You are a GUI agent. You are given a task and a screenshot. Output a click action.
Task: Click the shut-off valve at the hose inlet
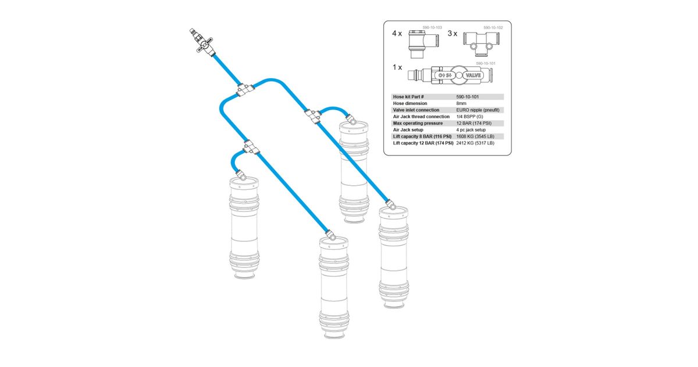(202, 43)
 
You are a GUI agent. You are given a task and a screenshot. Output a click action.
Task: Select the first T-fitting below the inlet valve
(245, 90)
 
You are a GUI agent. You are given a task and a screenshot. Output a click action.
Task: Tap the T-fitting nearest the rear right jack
(313, 116)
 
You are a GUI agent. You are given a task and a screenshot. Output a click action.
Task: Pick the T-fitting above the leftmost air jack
(251, 147)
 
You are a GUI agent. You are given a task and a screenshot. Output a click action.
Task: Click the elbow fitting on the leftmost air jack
(241, 175)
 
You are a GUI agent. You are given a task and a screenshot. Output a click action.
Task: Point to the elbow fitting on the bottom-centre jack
(330, 235)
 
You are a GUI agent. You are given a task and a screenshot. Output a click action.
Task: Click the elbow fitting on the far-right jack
(391, 205)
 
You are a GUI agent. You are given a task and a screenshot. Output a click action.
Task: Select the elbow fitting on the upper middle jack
(351, 119)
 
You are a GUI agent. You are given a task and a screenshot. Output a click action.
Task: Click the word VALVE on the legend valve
(473, 75)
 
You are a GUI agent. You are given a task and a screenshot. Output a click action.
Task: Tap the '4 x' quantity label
(397, 33)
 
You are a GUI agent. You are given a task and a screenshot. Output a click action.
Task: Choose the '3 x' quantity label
(453, 33)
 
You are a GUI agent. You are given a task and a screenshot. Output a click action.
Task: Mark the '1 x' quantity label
(397, 67)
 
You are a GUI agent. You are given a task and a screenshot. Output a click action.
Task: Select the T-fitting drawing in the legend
(482, 44)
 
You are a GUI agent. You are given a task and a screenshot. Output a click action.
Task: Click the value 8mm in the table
(461, 103)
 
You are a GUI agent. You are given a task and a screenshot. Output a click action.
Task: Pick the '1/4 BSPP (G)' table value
(469, 117)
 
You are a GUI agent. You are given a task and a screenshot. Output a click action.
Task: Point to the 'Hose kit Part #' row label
(408, 97)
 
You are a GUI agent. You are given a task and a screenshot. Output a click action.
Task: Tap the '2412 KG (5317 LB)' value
(475, 143)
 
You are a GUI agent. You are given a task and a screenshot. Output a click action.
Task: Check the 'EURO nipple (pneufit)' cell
(478, 110)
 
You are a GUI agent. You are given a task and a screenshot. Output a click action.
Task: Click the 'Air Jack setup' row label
(408, 130)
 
